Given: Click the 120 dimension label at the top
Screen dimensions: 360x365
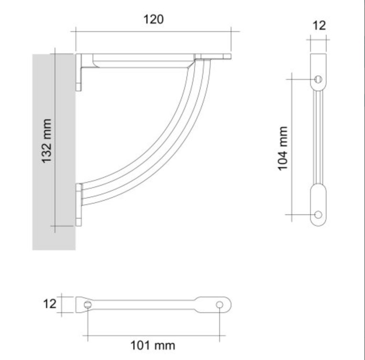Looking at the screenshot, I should [x=153, y=19].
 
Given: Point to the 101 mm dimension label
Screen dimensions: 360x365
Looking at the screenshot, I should [x=153, y=345].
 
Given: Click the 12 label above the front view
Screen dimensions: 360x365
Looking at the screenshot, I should [x=319, y=26].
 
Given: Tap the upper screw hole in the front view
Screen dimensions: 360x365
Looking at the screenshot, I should [x=318, y=79].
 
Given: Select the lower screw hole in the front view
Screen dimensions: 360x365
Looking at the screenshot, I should [x=318, y=215].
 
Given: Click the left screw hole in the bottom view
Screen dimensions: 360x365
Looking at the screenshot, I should [x=88, y=305].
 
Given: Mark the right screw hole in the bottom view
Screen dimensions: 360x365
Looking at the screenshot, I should [x=219, y=305].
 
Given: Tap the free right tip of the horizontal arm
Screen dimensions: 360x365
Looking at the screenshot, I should [x=227, y=56].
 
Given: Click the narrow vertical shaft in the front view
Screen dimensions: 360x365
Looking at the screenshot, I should [x=318, y=138].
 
